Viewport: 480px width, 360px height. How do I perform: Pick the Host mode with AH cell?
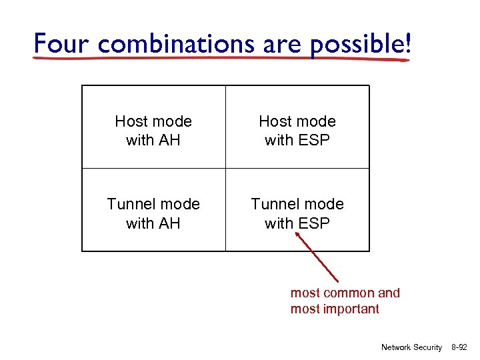tap(153, 130)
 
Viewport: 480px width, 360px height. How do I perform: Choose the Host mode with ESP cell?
tap(297, 130)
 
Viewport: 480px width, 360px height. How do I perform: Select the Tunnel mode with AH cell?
tap(153, 213)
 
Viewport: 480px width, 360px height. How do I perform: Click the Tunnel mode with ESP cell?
tap(297, 213)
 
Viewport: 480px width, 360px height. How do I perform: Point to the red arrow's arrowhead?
tap(298, 235)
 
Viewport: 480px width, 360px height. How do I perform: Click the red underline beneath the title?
tap(220, 59)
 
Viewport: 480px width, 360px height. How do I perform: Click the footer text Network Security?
tap(411, 347)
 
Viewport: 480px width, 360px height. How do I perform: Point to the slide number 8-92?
tap(460, 347)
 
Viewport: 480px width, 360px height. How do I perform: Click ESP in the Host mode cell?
tap(315, 140)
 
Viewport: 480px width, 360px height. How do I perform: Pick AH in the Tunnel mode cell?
tap(170, 223)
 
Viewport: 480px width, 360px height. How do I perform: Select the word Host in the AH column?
tap(131, 121)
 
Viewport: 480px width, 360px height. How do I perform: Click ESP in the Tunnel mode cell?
tap(315, 223)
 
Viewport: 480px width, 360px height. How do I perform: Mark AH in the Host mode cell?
tap(170, 140)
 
